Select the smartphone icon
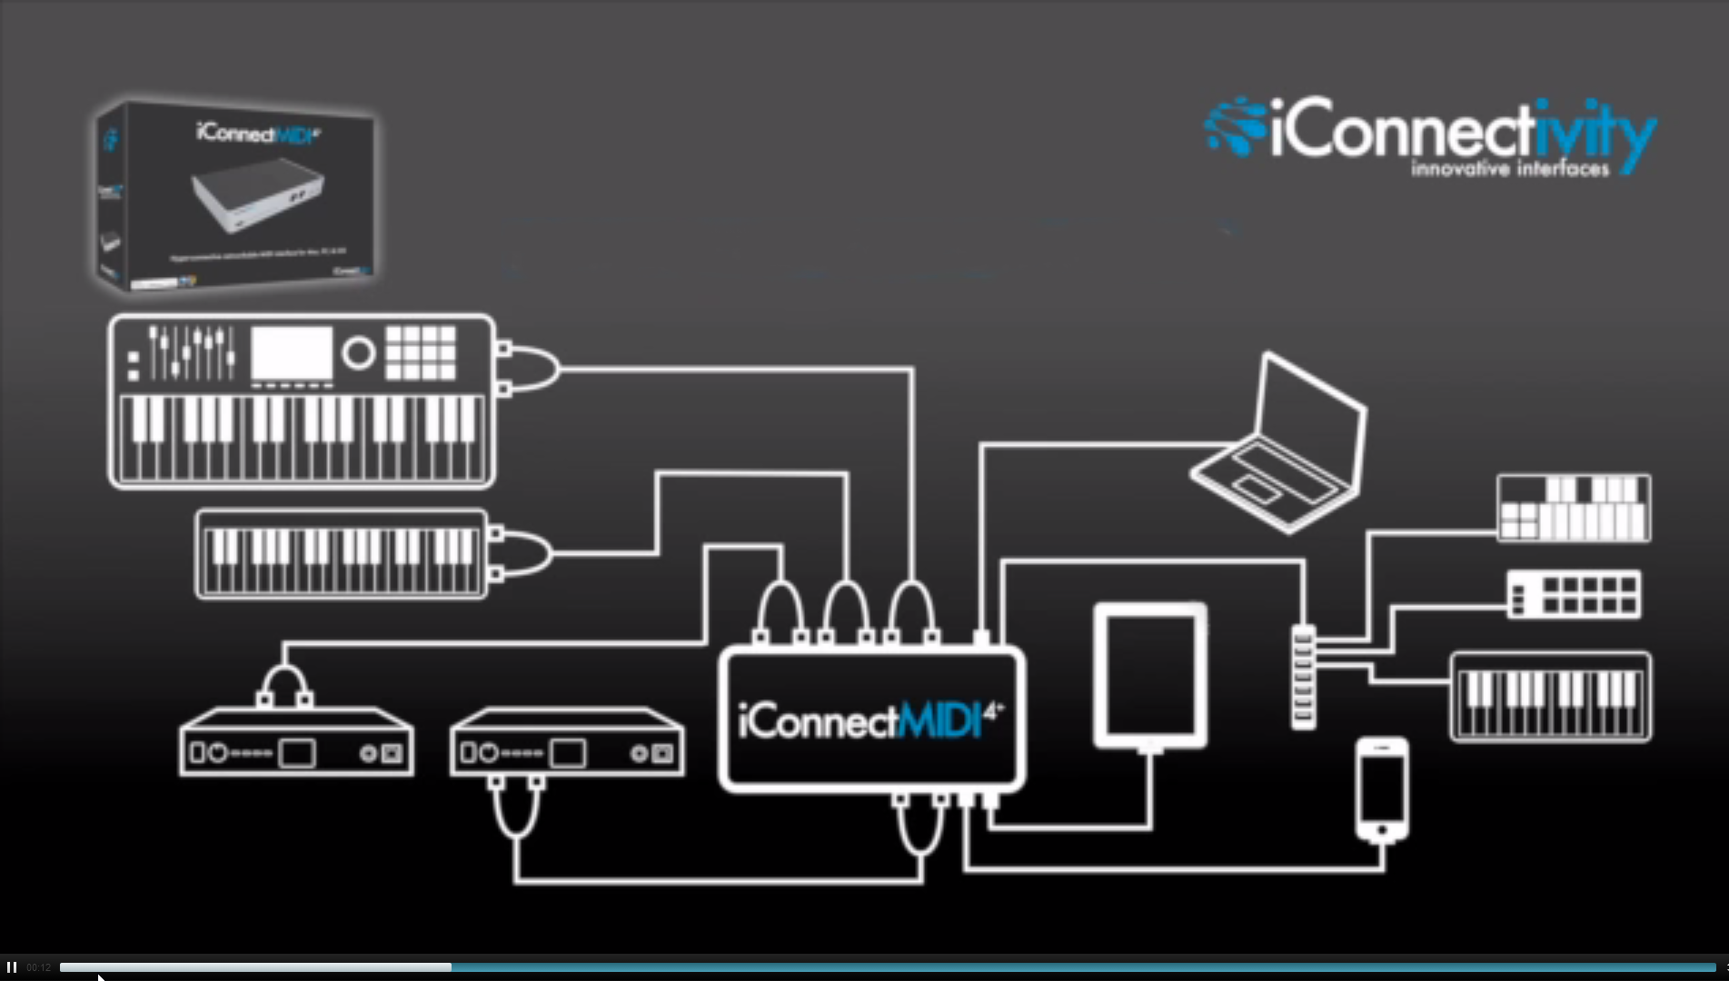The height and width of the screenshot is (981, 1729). click(x=1382, y=788)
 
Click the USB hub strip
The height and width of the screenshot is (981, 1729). click(x=1303, y=676)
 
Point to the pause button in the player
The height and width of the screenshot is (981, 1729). click(x=12, y=967)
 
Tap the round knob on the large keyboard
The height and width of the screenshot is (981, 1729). click(x=359, y=352)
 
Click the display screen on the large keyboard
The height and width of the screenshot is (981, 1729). click(x=292, y=352)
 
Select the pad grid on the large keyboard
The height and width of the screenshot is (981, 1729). click(x=421, y=352)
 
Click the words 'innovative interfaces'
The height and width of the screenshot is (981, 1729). click(x=1509, y=169)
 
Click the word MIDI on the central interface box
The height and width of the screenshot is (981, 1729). click(x=940, y=722)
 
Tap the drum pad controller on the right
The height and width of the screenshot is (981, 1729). click(x=1574, y=595)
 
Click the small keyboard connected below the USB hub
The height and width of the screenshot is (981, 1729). click(x=1550, y=698)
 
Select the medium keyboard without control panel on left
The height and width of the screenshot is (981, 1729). click(x=342, y=554)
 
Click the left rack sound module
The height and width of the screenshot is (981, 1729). click(x=296, y=743)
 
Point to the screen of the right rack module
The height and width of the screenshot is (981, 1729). click(x=568, y=753)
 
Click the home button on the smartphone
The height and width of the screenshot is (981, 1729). click(x=1382, y=830)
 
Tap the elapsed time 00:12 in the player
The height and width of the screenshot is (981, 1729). click(x=38, y=967)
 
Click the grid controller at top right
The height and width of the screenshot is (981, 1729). click(x=1574, y=508)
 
